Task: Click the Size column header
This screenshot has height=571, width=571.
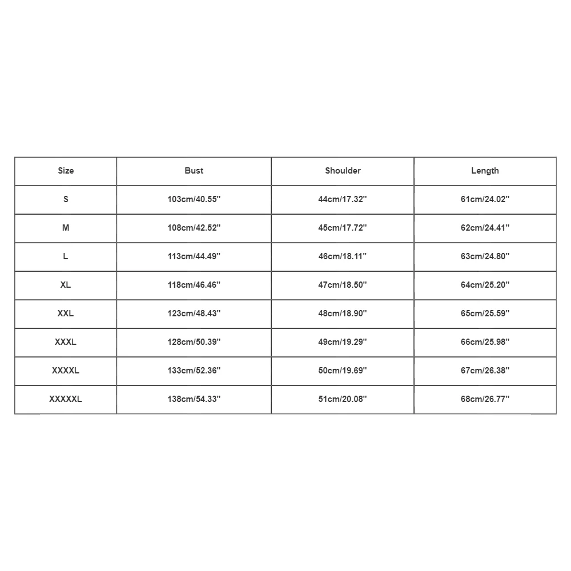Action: (66, 171)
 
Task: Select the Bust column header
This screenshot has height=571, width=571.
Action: (194, 171)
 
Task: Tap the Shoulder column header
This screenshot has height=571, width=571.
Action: (343, 171)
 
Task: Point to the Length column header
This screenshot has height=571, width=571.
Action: (485, 171)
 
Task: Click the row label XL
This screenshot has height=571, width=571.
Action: (66, 285)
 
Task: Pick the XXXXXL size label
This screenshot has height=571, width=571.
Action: (66, 399)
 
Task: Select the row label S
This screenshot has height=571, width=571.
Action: (66, 199)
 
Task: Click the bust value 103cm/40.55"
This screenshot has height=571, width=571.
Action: (194, 199)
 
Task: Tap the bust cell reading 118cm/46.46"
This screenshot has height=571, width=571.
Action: (194, 285)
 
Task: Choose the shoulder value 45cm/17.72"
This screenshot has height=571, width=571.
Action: (343, 228)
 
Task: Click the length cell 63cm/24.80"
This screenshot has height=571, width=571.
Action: (485, 256)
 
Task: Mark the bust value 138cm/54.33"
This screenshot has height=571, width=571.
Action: (194, 399)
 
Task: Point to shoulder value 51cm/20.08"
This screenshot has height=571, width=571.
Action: (343, 399)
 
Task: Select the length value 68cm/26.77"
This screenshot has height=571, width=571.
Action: (485, 399)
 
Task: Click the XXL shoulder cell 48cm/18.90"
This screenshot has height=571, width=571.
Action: (343, 313)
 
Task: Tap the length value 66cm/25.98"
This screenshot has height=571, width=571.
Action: (485, 342)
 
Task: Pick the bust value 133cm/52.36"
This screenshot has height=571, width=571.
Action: (194, 371)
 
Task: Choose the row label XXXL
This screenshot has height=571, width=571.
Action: (66, 342)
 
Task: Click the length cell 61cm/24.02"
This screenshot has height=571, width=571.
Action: (485, 199)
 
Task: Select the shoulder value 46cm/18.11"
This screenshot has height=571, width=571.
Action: (343, 256)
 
